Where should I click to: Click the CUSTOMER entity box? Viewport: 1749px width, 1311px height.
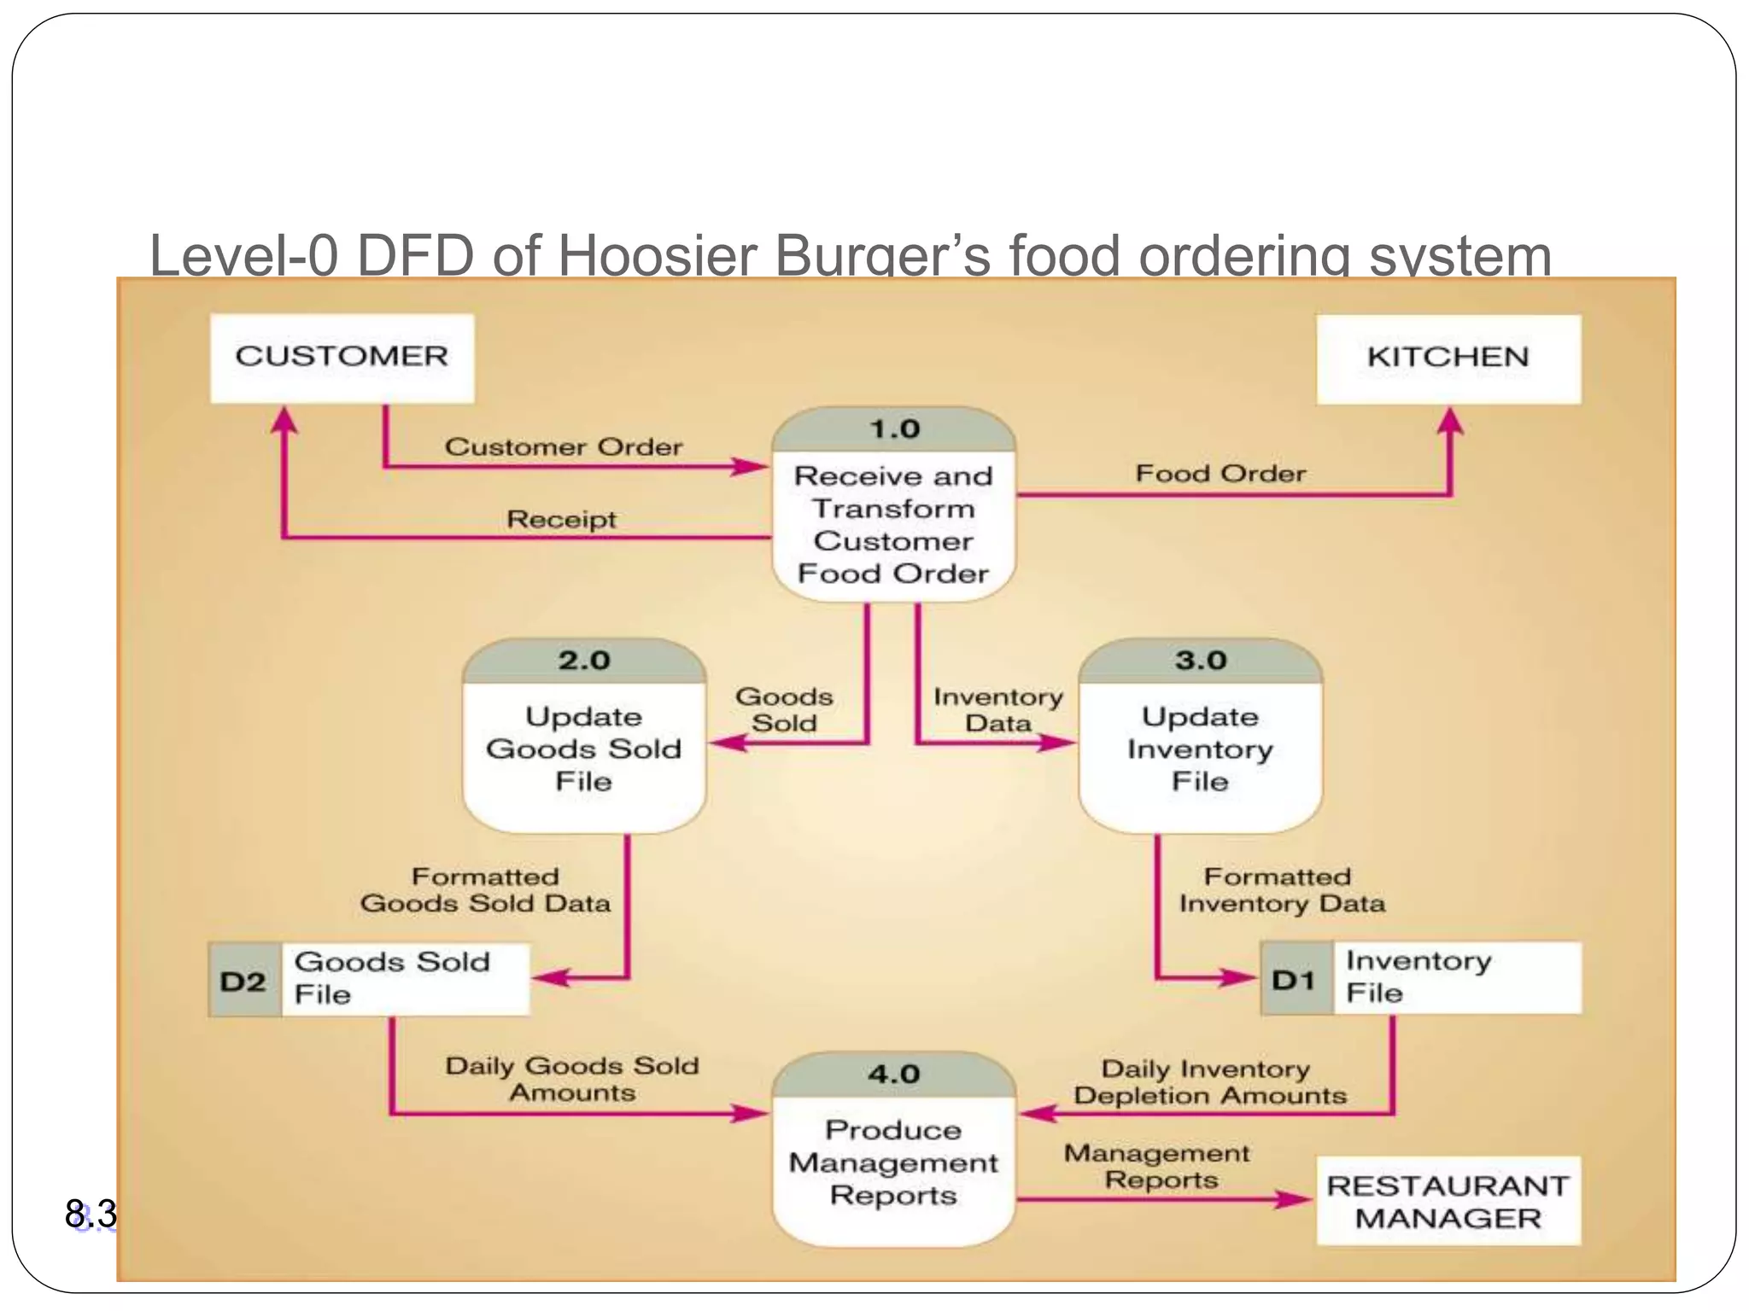click(x=342, y=358)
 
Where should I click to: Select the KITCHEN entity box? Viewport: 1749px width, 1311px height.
click(x=1448, y=358)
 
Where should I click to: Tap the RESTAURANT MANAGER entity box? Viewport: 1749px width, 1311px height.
click(x=1448, y=1201)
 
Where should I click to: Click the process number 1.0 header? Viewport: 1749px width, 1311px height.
click(x=893, y=429)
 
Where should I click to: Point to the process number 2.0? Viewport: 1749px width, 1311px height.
click(x=584, y=661)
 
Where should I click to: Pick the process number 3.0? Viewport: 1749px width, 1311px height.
click(x=1200, y=661)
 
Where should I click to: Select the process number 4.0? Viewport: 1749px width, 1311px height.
click(x=893, y=1074)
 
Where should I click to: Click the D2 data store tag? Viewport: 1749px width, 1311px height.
click(x=244, y=981)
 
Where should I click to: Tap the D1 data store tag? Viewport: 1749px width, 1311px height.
click(x=1296, y=979)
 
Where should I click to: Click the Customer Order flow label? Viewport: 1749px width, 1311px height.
click(x=564, y=447)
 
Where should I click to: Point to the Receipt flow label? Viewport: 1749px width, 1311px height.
click(x=561, y=519)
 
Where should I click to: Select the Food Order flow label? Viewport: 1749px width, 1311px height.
click(x=1220, y=474)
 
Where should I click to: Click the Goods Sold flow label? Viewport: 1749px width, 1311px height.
click(x=784, y=709)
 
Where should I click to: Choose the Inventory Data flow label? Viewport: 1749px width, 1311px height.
click(x=997, y=710)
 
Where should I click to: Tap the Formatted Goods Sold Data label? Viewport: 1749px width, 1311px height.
click(x=485, y=890)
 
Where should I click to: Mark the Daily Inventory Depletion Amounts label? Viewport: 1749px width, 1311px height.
click(x=1208, y=1082)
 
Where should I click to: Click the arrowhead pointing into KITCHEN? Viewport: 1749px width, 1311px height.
click(x=1450, y=422)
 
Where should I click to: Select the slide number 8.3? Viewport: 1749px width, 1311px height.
click(x=91, y=1213)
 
